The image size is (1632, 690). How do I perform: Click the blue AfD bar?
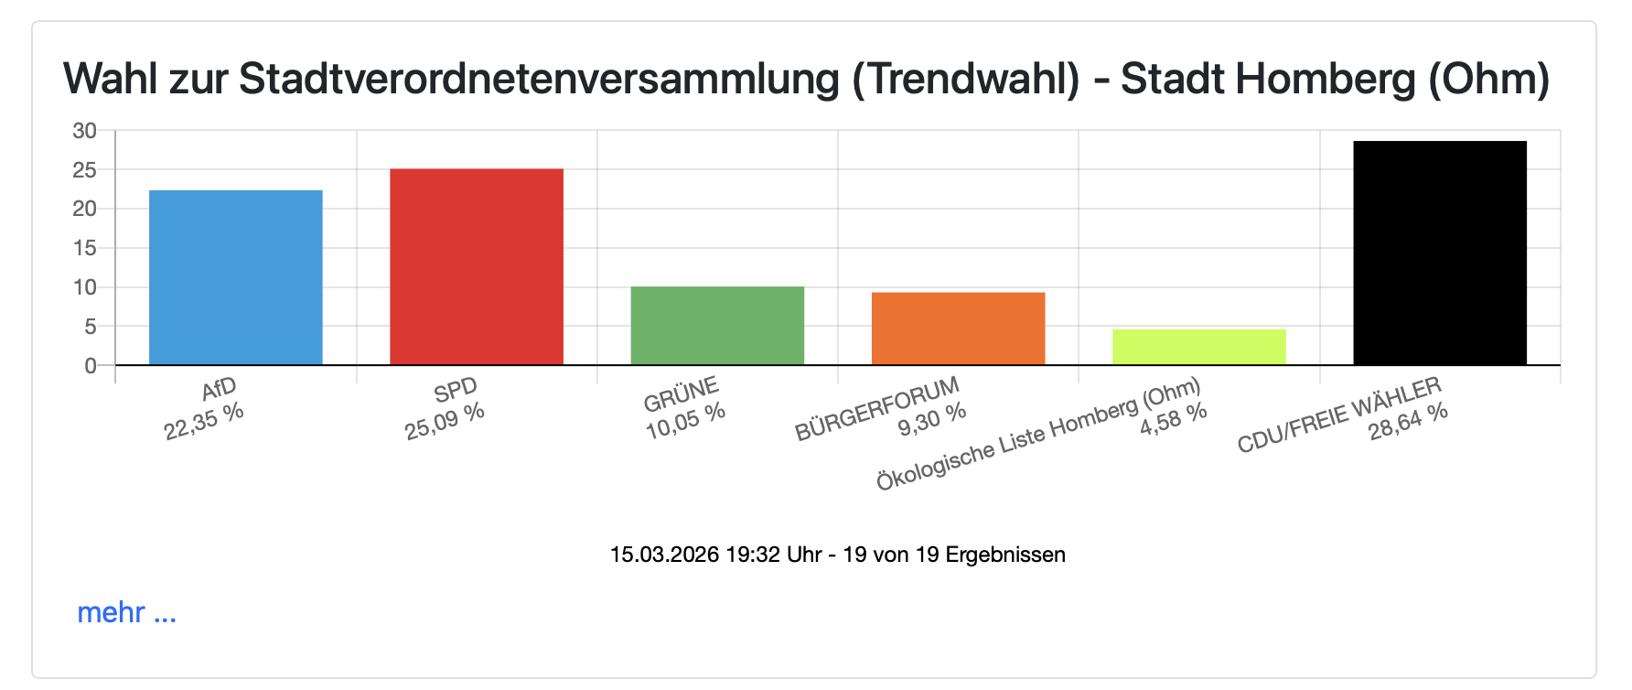point(235,277)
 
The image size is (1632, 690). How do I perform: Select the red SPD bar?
point(476,266)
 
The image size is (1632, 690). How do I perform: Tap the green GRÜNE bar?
point(717,326)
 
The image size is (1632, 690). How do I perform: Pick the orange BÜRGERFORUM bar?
point(958,329)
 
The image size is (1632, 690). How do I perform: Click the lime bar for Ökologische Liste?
point(1198,347)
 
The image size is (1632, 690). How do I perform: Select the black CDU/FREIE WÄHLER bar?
point(1439,253)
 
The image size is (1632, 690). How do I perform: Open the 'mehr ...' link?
point(126,612)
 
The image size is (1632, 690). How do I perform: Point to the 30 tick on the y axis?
point(84,131)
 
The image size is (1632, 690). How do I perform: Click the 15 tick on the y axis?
point(84,248)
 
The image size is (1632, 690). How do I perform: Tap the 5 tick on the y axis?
point(90,327)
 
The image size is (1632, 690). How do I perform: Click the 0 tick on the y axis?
point(90,366)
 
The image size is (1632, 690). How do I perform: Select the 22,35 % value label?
point(204,422)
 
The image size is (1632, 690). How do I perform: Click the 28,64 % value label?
point(1408,422)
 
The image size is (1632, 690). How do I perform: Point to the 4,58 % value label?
point(1173,420)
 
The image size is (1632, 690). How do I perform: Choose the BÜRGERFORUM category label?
point(876,408)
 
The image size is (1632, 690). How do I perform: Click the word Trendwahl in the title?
point(966,80)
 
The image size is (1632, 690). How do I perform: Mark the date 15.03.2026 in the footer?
point(664,555)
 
